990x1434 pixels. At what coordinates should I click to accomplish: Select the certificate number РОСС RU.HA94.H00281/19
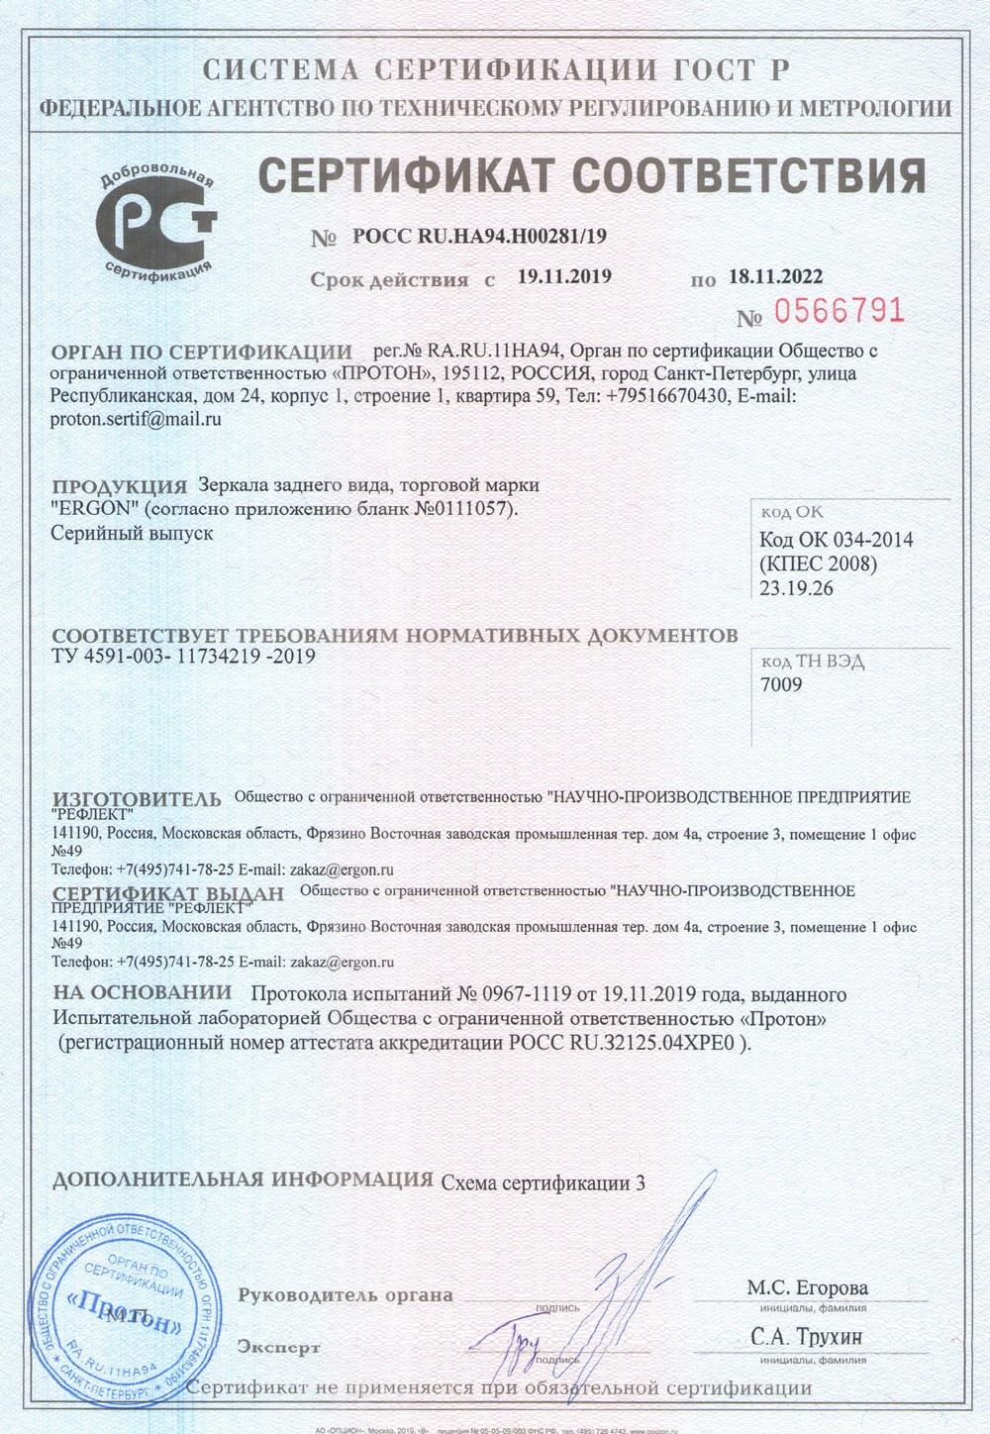479,237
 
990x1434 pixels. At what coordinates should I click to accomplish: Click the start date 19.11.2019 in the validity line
564,276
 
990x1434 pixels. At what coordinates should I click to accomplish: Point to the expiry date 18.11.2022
775,276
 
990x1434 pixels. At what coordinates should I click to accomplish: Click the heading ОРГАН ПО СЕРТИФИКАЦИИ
201,352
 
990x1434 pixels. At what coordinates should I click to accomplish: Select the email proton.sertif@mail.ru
135,418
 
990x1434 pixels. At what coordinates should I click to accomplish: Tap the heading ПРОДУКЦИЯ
119,486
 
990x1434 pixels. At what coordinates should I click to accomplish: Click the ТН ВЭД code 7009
781,684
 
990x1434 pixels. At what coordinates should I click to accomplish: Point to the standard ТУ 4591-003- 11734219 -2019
183,656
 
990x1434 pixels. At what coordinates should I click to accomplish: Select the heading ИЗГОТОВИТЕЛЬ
137,798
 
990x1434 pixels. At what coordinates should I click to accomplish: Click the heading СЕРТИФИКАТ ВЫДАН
167,893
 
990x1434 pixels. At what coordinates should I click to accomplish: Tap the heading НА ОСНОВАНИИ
142,992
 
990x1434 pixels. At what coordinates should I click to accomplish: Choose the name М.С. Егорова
807,1288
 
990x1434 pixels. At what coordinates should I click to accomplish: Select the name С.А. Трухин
807,1337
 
